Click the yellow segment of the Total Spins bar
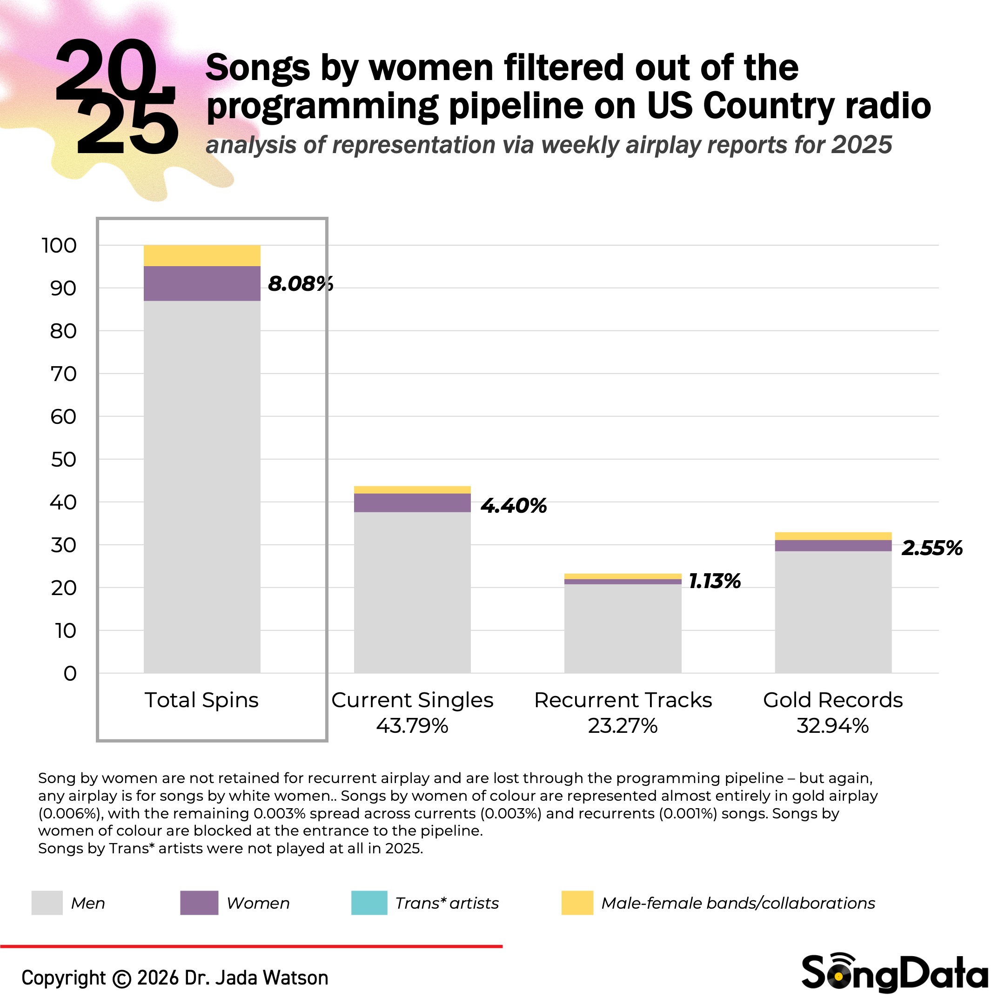[x=202, y=255]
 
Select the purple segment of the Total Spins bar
[x=202, y=283]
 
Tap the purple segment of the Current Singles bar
[x=412, y=502]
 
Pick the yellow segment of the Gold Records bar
[x=833, y=536]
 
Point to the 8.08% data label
[x=300, y=284]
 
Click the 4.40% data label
[x=513, y=506]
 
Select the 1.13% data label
[x=715, y=581]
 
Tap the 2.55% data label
[x=931, y=548]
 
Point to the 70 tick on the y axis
[x=63, y=374]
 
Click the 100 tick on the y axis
[x=59, y=246]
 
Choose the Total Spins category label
[x=201, y=700]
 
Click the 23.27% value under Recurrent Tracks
[x=623, y=726]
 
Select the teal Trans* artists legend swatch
[x=369, y=903]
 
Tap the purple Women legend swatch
[x=199, y=903]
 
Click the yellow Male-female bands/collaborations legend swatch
[x=577, y=903]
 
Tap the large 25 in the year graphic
[x=127, y=127]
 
